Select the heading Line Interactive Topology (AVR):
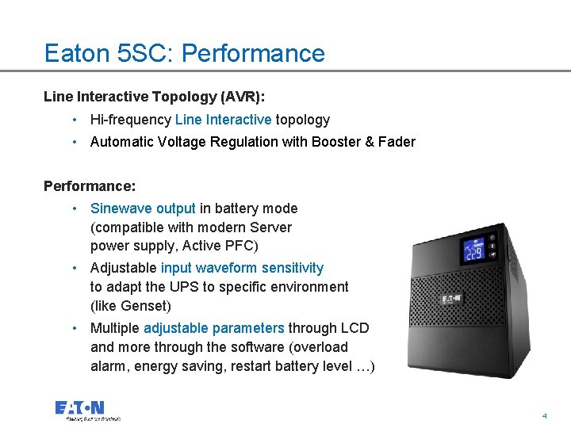pos(155,97)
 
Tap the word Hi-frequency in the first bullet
pos(130,120)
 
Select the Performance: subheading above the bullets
pos(90,186)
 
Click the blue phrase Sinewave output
pos(143,208)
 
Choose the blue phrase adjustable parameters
pos(213,328)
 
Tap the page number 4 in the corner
pos(544,415)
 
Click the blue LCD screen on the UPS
pos(473,251)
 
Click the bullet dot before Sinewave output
pos(74,208)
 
